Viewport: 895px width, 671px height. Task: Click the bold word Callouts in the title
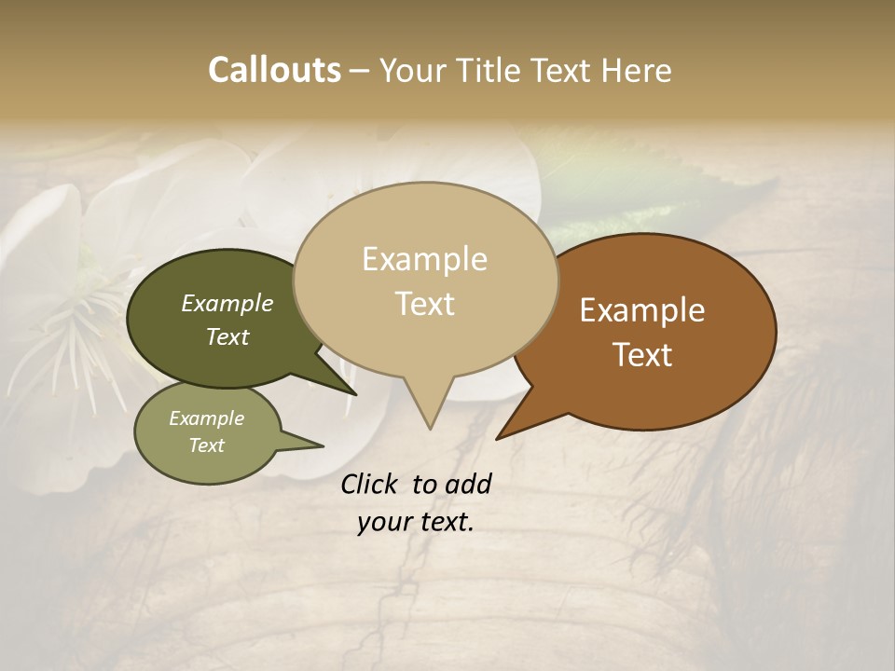274,70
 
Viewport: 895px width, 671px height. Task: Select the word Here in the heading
636,70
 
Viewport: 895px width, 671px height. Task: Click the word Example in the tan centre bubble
424,259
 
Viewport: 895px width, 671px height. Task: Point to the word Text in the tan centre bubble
424,304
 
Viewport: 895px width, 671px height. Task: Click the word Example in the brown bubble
642,310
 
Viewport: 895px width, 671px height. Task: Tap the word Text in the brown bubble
642,355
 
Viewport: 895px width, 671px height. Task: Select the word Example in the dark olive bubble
227,303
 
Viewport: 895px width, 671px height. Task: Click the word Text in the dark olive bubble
227,336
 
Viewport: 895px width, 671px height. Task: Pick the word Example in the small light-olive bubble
207,418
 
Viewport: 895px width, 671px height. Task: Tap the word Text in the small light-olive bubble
207,445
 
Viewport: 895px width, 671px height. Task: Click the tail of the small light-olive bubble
308,443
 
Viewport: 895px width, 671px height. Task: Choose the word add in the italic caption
469,484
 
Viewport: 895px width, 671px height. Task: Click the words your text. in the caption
416,522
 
